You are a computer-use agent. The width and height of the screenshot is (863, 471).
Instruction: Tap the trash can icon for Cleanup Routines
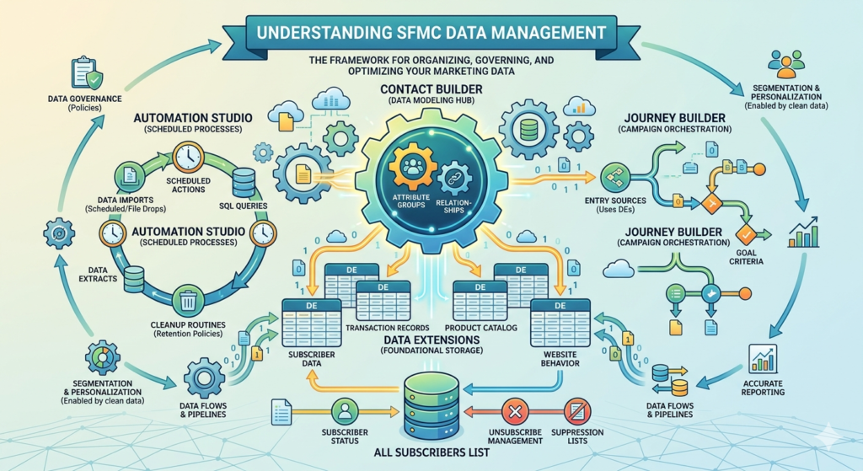coord(188,301)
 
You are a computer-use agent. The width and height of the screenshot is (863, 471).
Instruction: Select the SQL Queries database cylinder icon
coord(244,183)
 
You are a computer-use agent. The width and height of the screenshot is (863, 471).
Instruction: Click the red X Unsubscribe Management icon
coord(515,411)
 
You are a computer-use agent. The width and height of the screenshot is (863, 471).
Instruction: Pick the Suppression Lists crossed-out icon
coord(577,411)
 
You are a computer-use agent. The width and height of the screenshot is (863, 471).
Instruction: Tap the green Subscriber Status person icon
coord(345,411)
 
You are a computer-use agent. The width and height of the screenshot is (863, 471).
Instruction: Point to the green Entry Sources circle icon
coord(614,177)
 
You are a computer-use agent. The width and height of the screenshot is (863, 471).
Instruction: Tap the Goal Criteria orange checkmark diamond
coord(747,235)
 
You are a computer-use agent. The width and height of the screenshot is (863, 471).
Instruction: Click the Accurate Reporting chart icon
coord(763,359)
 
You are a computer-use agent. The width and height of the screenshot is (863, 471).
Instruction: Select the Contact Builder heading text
coord(431,89)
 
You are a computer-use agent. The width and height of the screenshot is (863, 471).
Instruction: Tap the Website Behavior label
coord(560,359)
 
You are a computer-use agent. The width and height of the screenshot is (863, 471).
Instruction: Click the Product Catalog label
coord(481,328)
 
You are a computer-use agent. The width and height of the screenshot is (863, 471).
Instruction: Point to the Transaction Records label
coord(388,328)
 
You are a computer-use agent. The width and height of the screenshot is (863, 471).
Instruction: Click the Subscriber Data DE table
coord(312,323)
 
